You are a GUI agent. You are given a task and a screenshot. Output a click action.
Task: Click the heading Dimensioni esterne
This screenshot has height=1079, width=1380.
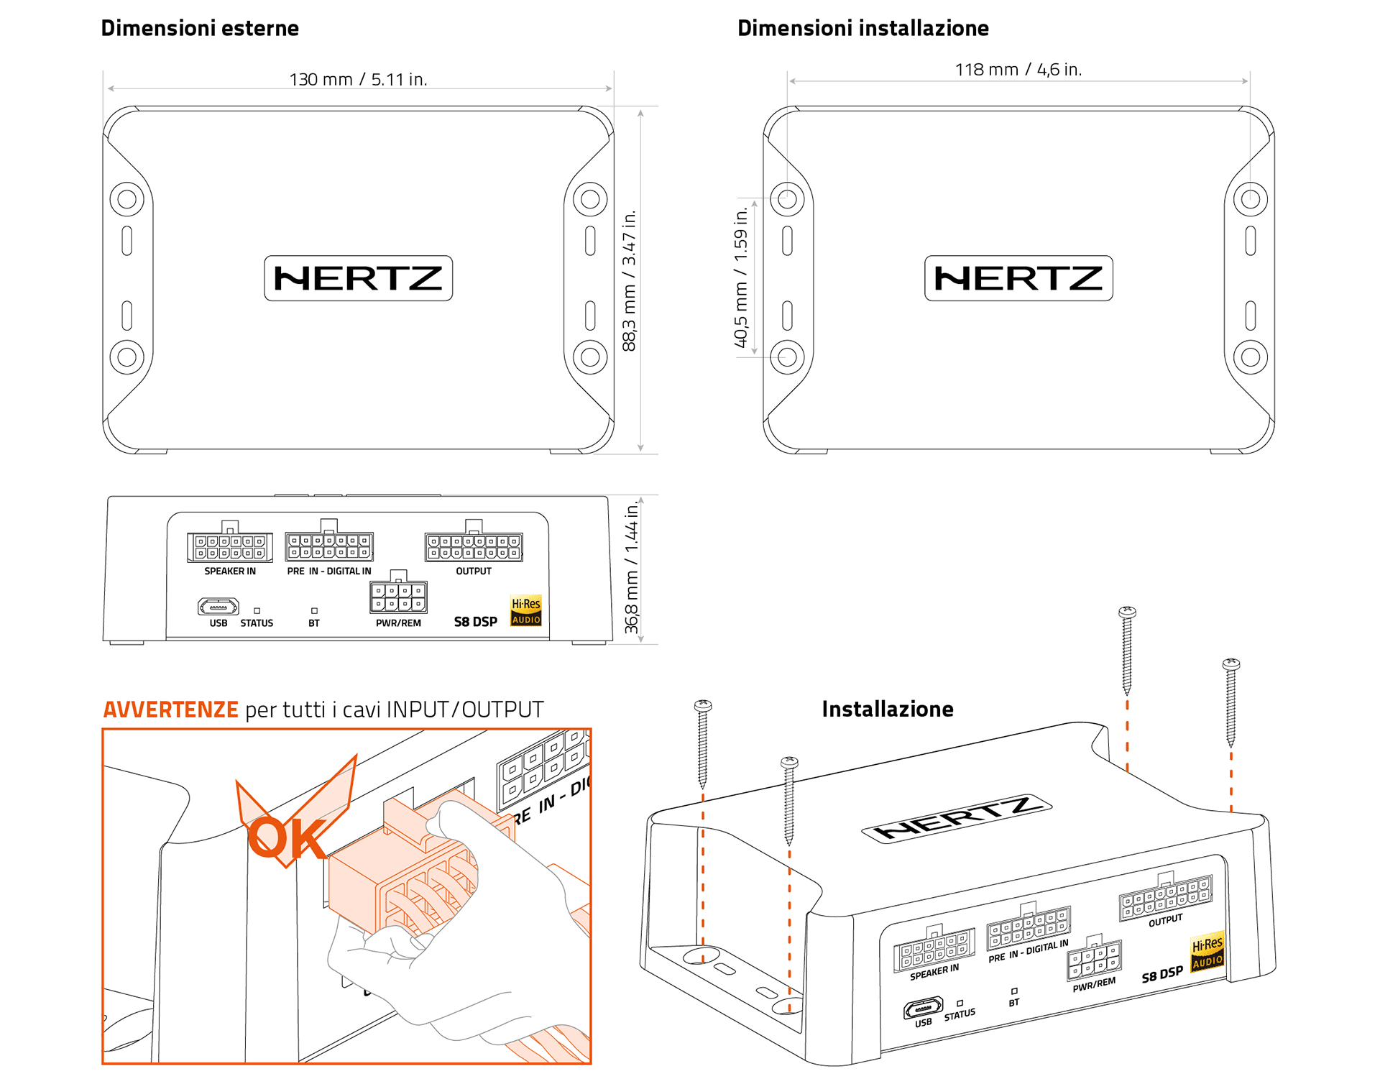200,29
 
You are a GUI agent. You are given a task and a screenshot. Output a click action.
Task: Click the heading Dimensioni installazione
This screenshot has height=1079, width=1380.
862,29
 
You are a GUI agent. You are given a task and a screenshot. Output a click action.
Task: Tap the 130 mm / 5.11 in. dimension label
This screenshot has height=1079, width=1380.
358,79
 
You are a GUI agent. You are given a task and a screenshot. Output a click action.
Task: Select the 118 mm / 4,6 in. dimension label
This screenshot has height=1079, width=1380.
1018,70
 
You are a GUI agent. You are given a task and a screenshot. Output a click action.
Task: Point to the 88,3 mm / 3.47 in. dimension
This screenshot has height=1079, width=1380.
629,280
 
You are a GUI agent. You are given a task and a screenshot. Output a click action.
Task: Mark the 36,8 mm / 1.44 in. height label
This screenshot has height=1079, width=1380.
631,569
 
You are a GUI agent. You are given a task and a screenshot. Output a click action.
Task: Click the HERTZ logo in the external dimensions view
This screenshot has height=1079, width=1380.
358,278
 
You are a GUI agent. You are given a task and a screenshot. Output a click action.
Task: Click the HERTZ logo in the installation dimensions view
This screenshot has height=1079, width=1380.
1018,278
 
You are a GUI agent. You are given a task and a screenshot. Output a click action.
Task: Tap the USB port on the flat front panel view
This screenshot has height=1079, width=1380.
218,607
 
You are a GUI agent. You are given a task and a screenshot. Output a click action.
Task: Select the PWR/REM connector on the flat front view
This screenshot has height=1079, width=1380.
398,597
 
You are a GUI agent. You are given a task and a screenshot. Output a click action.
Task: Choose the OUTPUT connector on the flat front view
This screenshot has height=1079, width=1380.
474,547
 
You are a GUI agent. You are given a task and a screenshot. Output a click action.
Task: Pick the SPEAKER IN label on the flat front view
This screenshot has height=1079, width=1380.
229,571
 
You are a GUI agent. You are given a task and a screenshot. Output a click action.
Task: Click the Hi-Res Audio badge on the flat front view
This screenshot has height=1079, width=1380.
525,611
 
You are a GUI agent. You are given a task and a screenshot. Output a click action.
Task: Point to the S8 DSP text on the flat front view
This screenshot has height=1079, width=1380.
475,622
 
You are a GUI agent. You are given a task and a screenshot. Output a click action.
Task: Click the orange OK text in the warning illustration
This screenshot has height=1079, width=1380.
287,838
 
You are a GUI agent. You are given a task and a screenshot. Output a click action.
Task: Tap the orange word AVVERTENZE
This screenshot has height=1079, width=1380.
170,710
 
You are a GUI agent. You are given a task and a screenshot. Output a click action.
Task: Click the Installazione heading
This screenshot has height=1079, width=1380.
887,710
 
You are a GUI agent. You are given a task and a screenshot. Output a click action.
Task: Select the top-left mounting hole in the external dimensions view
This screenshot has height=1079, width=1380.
126,199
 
